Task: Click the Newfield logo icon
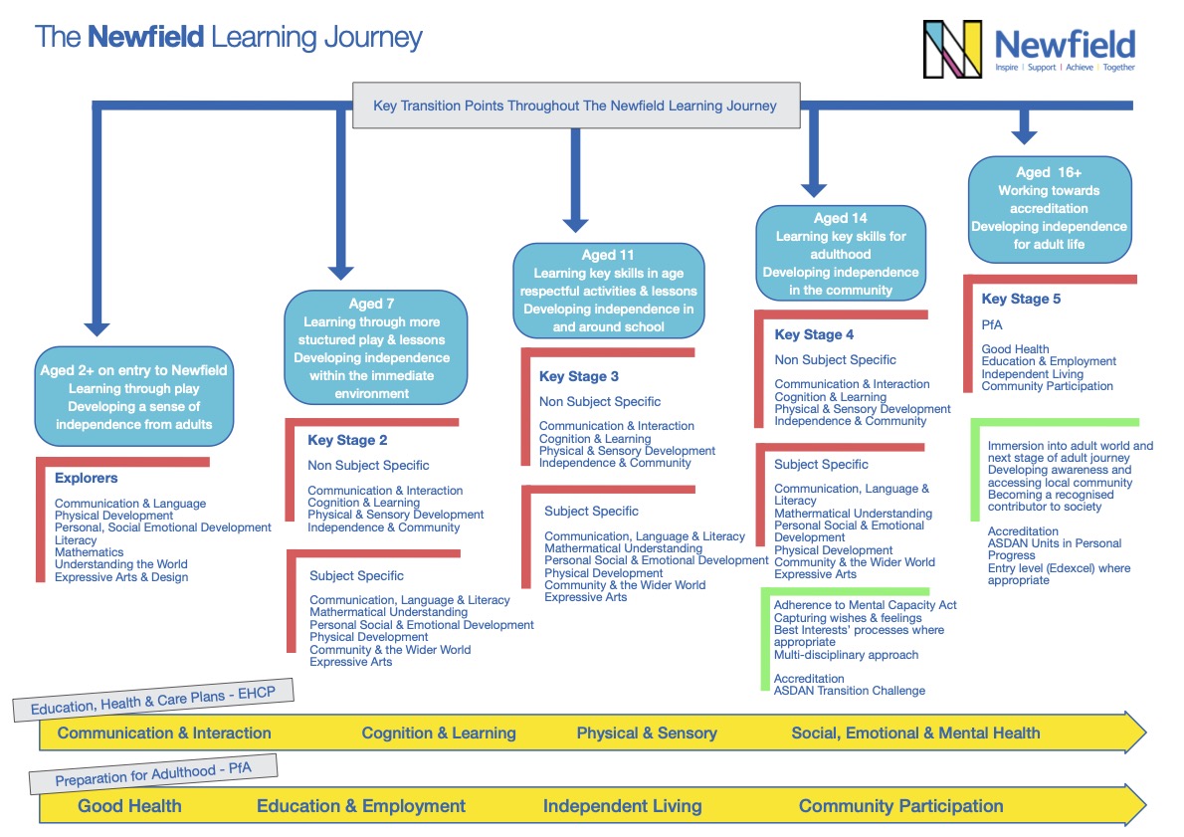coord(952,49)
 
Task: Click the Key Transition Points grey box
coord(576,105)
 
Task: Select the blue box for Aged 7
coord(375,346)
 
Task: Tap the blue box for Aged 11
coord(609,291)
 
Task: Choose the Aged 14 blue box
coord(841,254)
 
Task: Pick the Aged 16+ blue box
coord(1049,208)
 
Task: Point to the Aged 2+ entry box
coord(133,396)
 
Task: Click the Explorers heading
coord(86,479)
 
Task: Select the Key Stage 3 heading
coord(579,377)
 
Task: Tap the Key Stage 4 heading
coord(814,335)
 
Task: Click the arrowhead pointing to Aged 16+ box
coord(1024,133)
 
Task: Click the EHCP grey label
coord(152,703)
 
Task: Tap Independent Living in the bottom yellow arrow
coord(622,806)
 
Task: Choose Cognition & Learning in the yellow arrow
coord(439,733)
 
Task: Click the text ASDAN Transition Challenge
coord(850,691)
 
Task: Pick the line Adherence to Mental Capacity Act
coord(865,605)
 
